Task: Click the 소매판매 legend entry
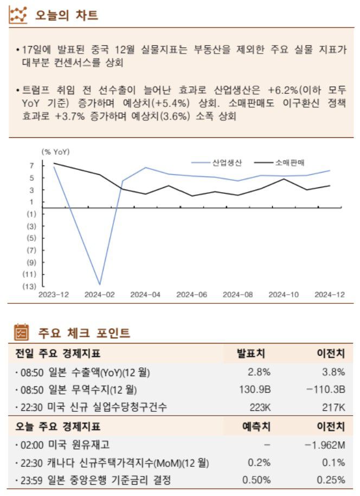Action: click(290, 162)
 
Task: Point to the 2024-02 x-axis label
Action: click(99, 294)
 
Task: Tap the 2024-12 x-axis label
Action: click(329, 294)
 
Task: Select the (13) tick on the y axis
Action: click(29, 286)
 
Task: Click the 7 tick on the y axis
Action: click(32, 166)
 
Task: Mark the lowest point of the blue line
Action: click(100, 284)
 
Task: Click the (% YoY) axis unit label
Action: click(55, 152)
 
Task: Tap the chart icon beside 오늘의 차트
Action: click(18, 15)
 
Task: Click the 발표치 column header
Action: click(251, 354)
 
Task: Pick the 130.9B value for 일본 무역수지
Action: click(255, 390)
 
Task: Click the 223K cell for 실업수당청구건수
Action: click(259, 408)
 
